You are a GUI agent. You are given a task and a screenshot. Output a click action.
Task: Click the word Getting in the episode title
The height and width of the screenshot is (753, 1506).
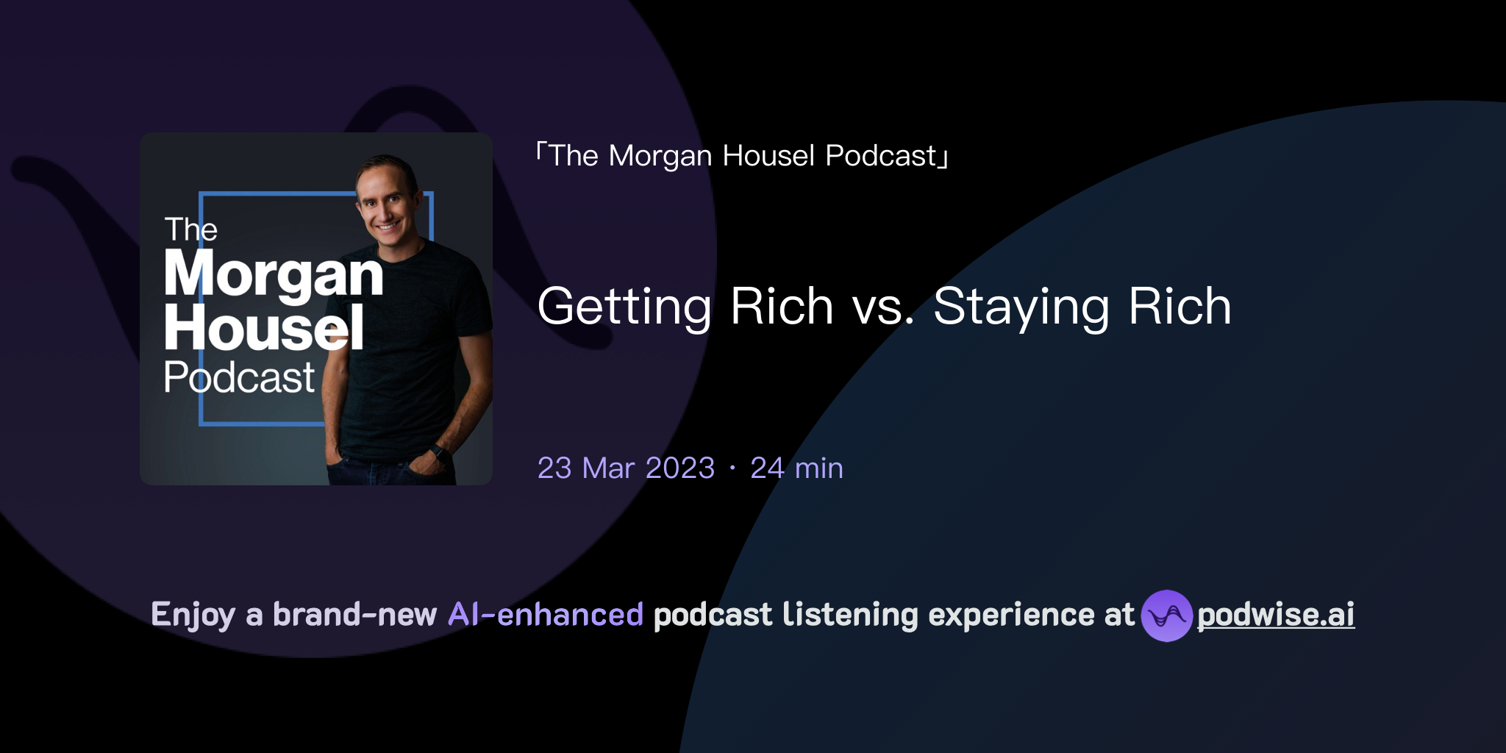[624, 307]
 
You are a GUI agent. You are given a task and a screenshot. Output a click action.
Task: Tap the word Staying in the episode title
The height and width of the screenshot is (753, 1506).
[1021, 307]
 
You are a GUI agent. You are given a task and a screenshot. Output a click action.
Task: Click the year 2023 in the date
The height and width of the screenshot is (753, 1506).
[679, 468]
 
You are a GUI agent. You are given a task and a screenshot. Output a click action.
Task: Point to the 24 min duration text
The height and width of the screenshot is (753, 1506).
[796, 468]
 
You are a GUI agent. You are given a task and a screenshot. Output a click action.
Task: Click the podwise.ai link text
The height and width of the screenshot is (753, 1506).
[1276, 615]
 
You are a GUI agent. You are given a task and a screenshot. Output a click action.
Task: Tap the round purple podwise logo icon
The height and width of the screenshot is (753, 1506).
[1166, 615]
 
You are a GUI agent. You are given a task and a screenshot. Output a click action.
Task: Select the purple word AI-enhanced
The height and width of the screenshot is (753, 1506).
[546, 615]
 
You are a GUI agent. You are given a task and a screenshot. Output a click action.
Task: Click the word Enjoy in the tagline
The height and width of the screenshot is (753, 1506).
[193, 615]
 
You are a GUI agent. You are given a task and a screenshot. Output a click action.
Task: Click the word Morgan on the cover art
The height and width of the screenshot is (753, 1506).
[274, 274]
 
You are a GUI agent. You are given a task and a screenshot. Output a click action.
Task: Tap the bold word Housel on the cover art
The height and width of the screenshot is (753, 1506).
[264, 328]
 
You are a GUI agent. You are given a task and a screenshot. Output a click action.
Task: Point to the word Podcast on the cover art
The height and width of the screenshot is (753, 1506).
[239, 377]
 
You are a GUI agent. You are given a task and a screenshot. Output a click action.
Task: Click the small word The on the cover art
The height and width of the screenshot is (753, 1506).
[190, 229]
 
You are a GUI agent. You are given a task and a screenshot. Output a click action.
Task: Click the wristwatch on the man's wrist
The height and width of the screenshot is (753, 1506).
[440, 452]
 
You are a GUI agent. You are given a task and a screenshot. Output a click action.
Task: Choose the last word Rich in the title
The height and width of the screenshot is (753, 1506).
[1180, 307]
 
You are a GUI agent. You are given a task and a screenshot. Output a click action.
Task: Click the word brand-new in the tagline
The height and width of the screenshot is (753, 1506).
[354, 615]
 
